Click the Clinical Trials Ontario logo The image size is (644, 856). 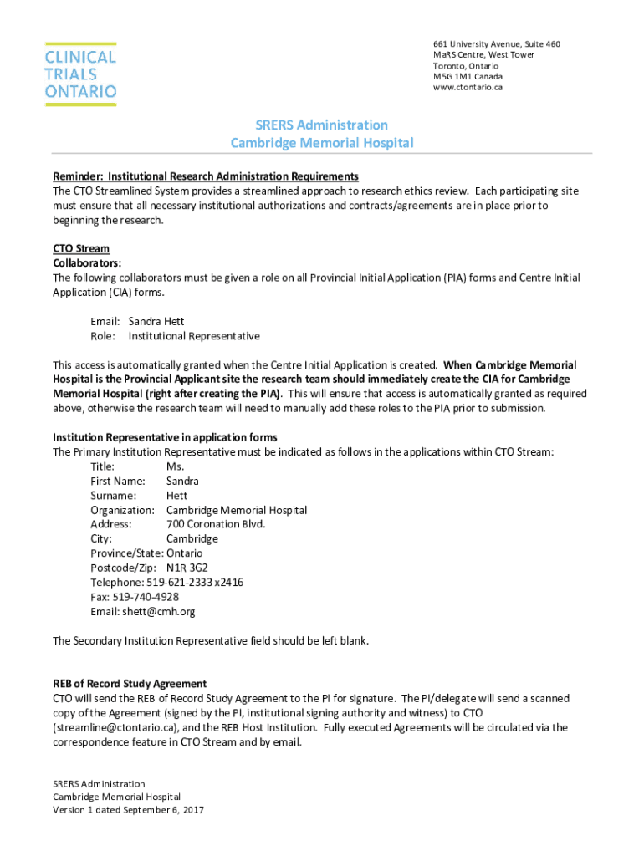pyautogui.click(x=81, y=74)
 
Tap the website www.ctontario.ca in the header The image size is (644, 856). pyautogui.click(x=468, y=87)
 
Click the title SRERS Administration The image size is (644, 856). pyautogui.click(x=321, y=125)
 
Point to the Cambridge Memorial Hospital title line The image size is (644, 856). pyautogui.click(x=321, y=143)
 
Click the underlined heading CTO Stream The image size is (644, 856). pyautogui.click(x=81, y=248)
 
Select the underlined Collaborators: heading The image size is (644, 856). pyautogui.click(x=86, y=262)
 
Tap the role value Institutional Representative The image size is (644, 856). pyautogui.click(x=194, y=336)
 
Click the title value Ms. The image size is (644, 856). pyautogui.click(x=175, y=466)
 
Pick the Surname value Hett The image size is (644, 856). pyautogui.click(x=176, y=496)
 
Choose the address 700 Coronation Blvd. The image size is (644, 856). pyautogui.click(x=216, y=524)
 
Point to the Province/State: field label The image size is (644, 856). pyautogui.click(x=127, y=553)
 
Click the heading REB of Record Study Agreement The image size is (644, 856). pyautogui.click(x=130, y=684)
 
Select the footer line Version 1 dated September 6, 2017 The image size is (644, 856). pyautogui.click(x=129, y=810)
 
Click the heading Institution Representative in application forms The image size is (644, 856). pyautogui.click(x=165, y=437)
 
